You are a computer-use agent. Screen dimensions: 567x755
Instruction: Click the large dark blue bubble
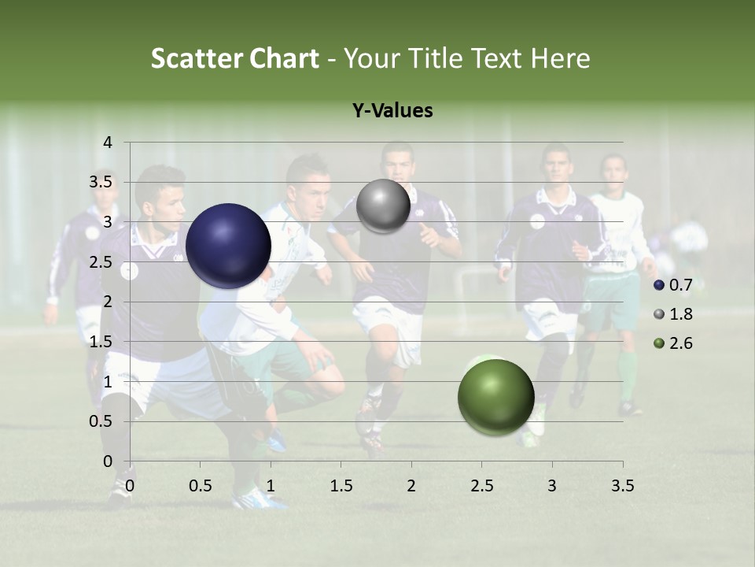pos(228,246)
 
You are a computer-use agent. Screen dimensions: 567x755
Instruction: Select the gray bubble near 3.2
pos(383,206)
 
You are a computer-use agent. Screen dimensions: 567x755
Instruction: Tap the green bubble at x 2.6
pos(495,397)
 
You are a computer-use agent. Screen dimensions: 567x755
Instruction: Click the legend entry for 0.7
pos(673,284)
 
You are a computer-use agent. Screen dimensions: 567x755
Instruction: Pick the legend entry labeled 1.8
pos(673,314)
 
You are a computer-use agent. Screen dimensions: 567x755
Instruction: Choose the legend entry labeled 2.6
pos(673,343)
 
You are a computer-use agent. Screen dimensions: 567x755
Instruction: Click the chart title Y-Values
pos(392,111)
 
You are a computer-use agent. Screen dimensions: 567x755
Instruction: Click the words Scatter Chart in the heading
pos(234,58)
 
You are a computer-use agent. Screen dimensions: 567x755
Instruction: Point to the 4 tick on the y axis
pos(108,143)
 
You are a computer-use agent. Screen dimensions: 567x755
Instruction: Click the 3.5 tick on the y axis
pos(102,182)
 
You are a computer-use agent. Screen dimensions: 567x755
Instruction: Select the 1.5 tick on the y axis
pos(102,342)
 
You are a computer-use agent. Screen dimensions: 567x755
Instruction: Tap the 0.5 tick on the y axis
pos(102,421)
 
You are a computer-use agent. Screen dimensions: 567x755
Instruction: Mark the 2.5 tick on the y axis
pos(102,262)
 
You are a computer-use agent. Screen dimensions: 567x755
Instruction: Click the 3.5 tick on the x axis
pos(622,486)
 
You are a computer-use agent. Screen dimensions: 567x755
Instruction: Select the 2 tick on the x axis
pos(411,486)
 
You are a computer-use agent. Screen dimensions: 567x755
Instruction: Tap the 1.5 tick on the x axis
pos(341,486)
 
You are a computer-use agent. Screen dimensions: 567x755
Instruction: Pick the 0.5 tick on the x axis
pos(201,486)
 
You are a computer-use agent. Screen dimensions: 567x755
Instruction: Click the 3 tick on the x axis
pos(552,486)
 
